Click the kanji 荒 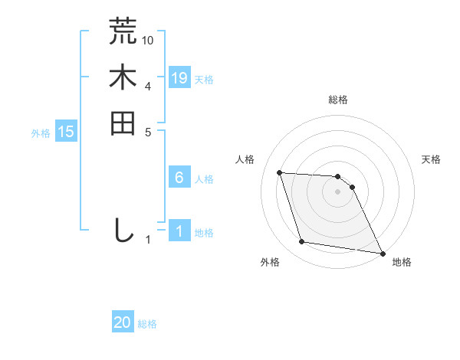(x=123, y=31)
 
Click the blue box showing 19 (x=179, y=77)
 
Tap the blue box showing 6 (x=179, y=178)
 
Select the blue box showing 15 (x=66, y=132)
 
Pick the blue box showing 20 (x=123, y=322)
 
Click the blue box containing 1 (x=179, y=231)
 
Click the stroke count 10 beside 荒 (x=148, y=39)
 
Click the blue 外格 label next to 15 (x=41, y=133)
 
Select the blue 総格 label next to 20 (x=147, y=324)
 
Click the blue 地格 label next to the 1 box (x=204, y=233)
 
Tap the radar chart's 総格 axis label (x=338, y=100)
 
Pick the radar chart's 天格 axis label (x=432, y=159)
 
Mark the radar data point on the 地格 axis (x=382, y=253)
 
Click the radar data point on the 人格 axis (x=280, y=172)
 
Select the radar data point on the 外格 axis (x=302, y=242)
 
